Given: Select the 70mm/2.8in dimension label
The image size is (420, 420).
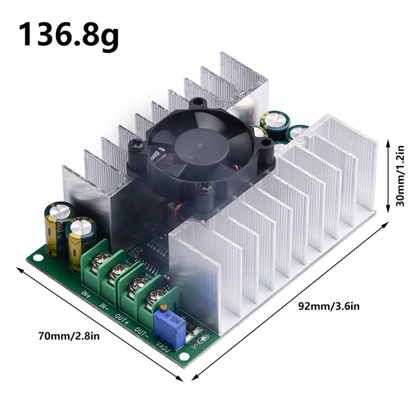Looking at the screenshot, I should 68,335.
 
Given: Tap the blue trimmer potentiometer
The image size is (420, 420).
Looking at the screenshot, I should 170,327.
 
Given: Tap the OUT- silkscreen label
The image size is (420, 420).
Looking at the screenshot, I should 141,331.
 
